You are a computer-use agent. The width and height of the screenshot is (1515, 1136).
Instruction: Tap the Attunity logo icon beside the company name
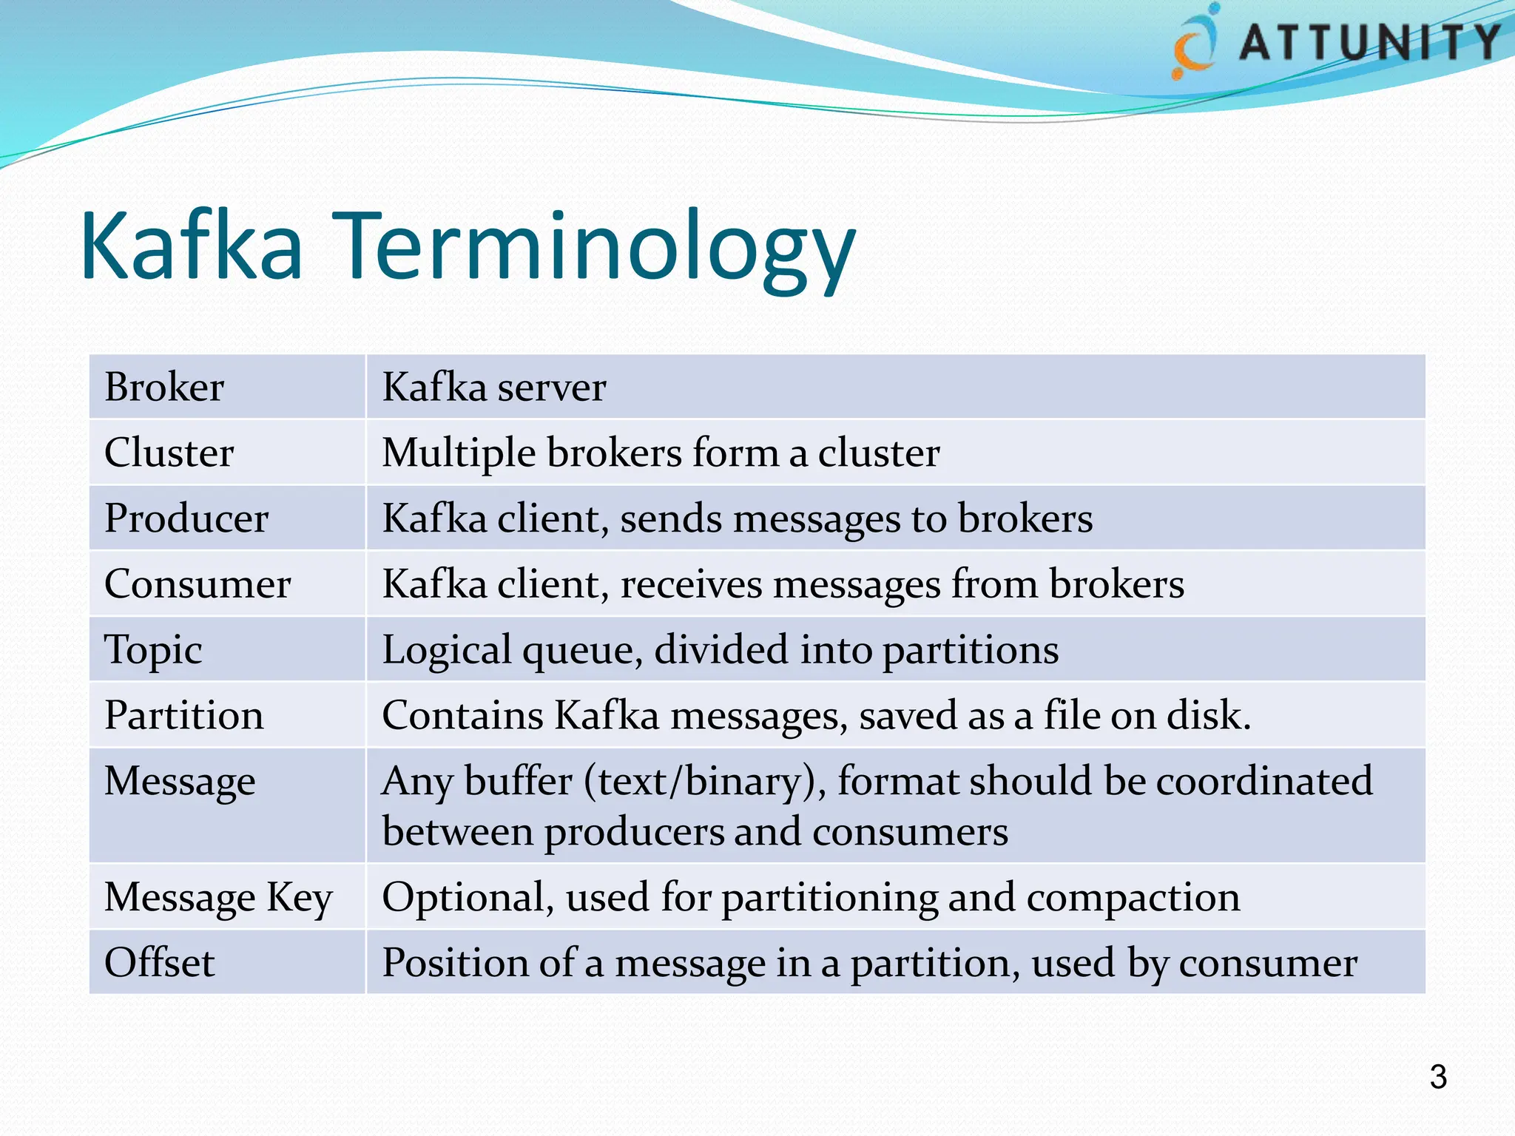1194,43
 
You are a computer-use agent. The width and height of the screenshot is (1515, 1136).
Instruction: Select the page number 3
1437,1076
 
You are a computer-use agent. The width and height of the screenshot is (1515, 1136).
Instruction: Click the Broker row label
163,387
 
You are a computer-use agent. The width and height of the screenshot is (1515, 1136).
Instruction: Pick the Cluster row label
169,453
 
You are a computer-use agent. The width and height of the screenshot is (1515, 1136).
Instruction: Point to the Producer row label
186,518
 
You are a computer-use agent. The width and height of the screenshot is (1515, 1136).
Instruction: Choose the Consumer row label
197,584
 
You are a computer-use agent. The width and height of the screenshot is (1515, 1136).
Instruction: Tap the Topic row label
153,650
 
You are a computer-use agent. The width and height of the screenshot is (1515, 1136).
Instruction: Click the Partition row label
183,715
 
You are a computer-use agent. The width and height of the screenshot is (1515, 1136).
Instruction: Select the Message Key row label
218,897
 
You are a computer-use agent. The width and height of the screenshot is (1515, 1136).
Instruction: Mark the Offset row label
159,962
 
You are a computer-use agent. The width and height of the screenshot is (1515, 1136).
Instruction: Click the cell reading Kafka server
493,387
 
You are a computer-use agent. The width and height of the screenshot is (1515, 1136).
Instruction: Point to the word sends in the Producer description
670,518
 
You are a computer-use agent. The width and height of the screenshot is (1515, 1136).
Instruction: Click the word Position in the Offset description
455,963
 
